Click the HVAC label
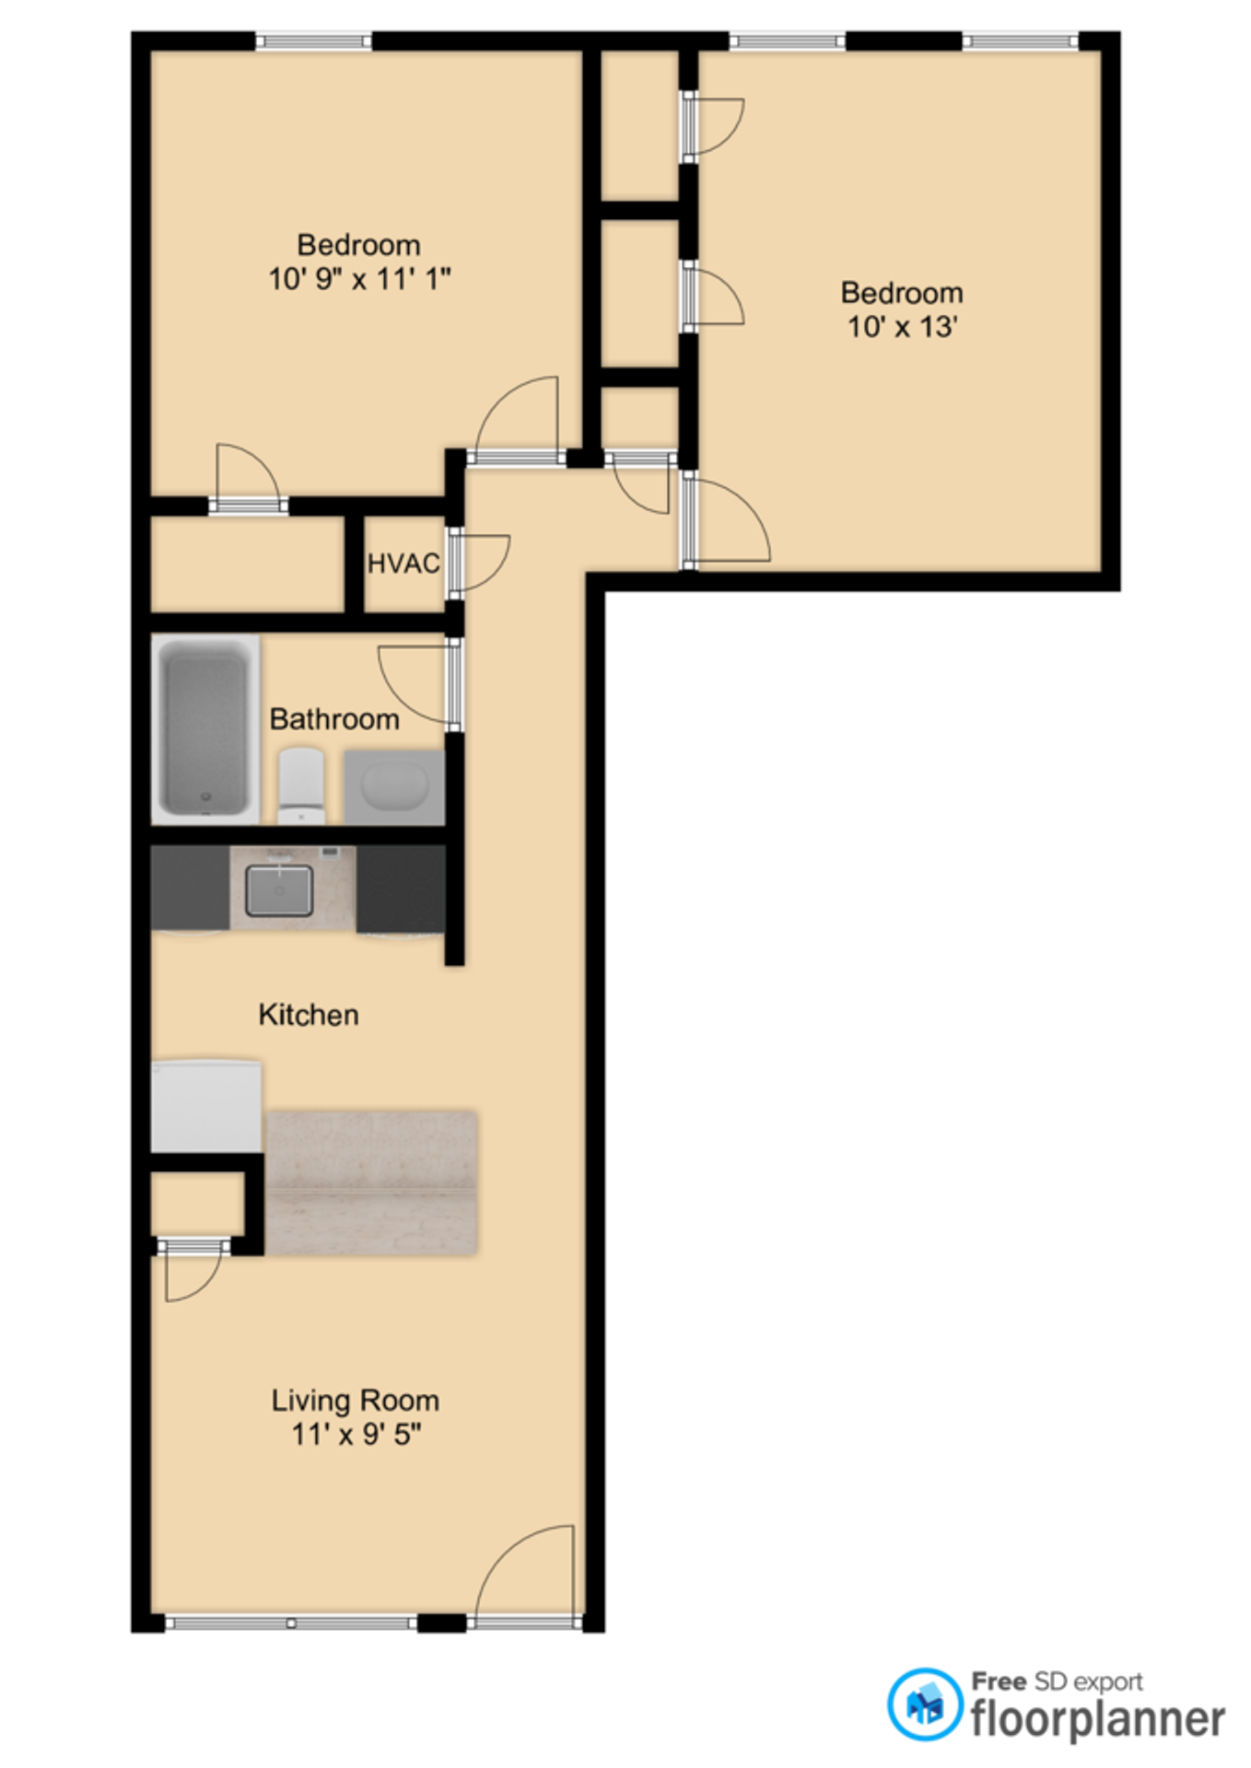[x=403, y=564]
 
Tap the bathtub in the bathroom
[x=205, y=728]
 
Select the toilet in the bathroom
[x=301, y=785]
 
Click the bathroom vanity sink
[x=394, y=787]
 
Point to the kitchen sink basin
[x=279, y=890]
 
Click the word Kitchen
[x=309, y=1015]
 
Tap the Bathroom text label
[x=334, y=719]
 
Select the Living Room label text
[x=356, y=1401]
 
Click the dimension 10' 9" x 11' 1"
[x=359, y=278]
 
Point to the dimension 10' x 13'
[x=903, y=326]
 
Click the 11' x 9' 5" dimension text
[x=357, y=1434]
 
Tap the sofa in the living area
[x=371, y=1183]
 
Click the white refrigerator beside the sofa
[x=206, y=1106]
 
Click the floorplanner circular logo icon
[x=925, y=1704]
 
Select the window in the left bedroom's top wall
[x=313, y=41]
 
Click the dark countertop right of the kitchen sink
[x=401, y=889]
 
